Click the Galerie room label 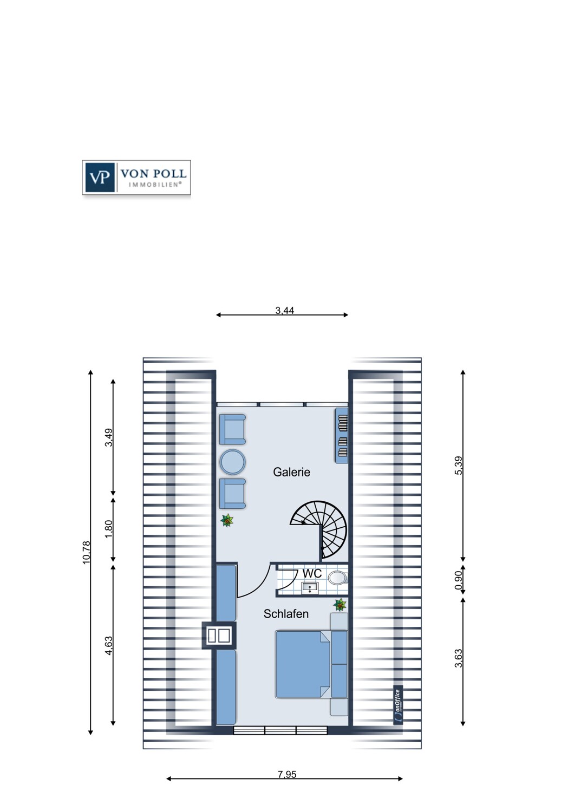click(291, 472)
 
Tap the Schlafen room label click(286, 614)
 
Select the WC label click(312, 573)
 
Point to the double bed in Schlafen click(303, 664)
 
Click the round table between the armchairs click(233, 462)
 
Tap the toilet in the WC click(337, 578)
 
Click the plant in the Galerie click(227, 521)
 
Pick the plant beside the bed click(340, 604)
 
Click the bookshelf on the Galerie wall click(342, 436)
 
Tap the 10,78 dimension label click(87, 553)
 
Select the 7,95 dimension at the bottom click(287, 775)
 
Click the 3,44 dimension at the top click(284, 311)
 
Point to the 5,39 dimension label click(459, 466)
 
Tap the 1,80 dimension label click(109, 529)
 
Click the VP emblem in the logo click(100, 177)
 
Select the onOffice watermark click(398, 705)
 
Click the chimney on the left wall click(219, 635)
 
